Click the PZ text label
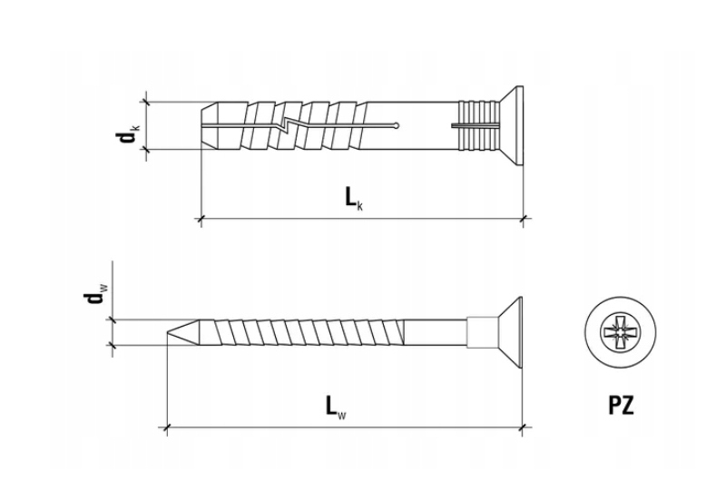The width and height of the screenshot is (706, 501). tap(621, 405)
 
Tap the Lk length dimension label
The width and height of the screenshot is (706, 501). tap(354, 198)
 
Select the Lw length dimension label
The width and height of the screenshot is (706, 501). tap(336, 408)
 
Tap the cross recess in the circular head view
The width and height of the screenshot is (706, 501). tap(621, 334)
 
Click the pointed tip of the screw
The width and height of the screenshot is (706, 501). tap(168, 333)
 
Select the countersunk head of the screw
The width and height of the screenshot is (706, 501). tap(510, 333)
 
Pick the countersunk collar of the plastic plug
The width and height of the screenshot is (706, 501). tap(512, 125)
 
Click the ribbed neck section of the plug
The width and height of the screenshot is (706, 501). tap(479, 125)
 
